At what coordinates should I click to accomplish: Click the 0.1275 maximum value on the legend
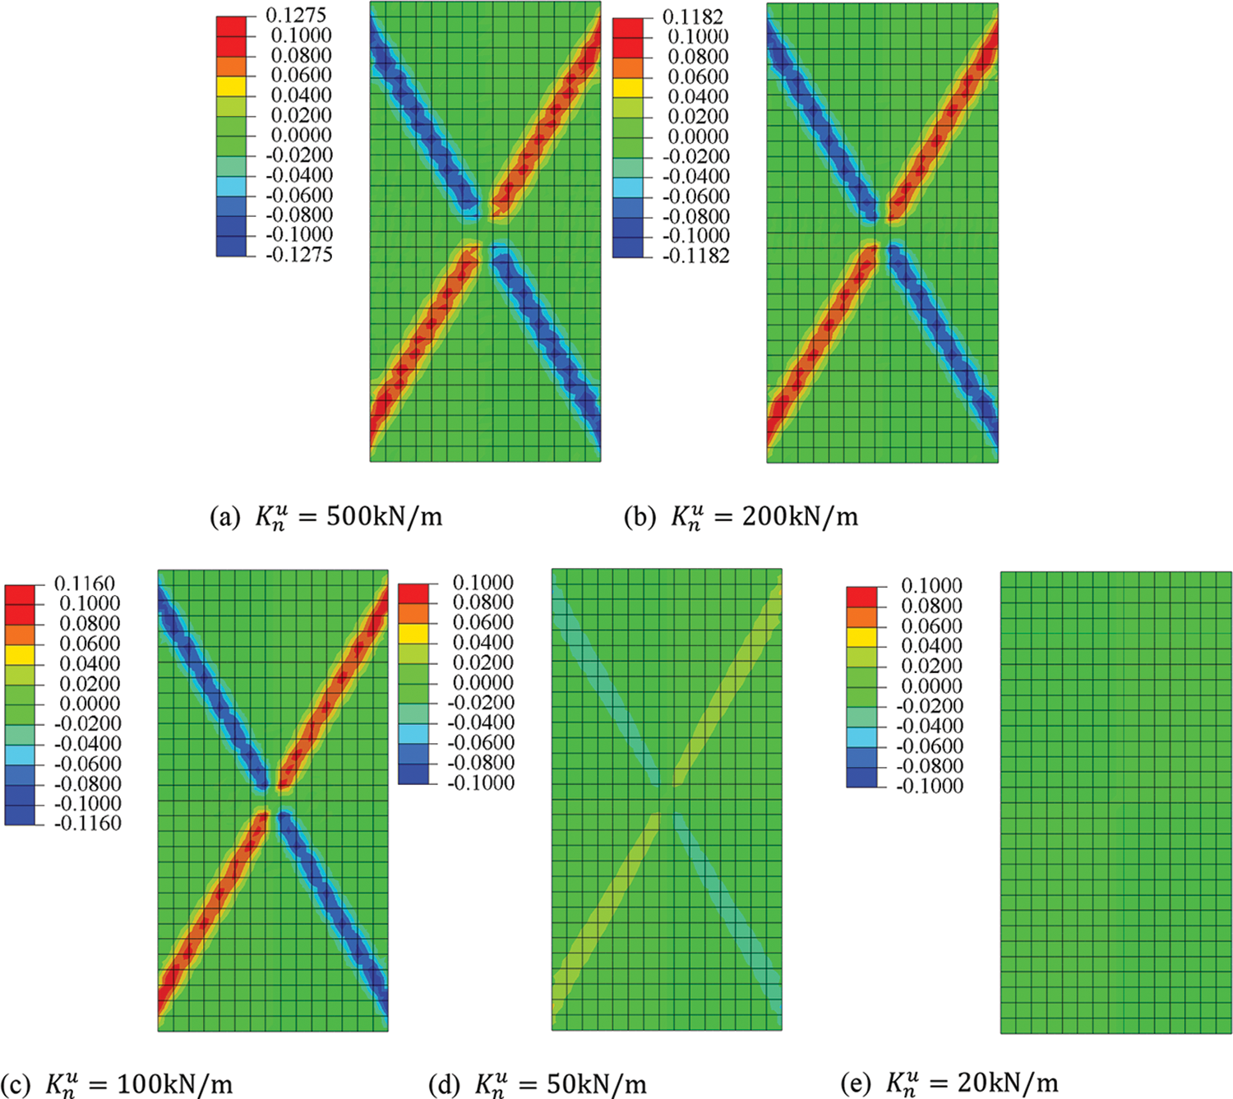click(x=296, y=15)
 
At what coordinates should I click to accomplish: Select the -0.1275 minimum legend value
click(x=299, y=255)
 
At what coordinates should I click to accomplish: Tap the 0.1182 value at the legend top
click(x=693, y=16)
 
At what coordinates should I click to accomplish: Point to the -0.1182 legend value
click(x=695, y=256)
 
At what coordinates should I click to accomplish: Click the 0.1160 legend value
click(x=85, y=584)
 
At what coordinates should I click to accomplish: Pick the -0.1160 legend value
click(x=87, y=823)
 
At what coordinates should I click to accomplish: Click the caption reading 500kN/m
click(x=384, y=516)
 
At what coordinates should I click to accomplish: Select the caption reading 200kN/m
click(x=800, y=516)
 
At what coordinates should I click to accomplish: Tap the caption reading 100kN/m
click(x=174, y=1083)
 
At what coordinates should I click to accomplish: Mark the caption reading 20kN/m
click(x=1008, y=1083)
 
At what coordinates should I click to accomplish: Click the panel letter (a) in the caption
click(x=224, y=517)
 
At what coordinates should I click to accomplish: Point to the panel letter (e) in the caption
click(x=856, y=1083)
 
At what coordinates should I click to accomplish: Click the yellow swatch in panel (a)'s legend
click(x=231, y=85)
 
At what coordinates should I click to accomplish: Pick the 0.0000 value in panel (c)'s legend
click(x=90, y=704)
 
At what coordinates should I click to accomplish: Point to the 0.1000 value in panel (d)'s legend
click(x=483, y=583)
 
